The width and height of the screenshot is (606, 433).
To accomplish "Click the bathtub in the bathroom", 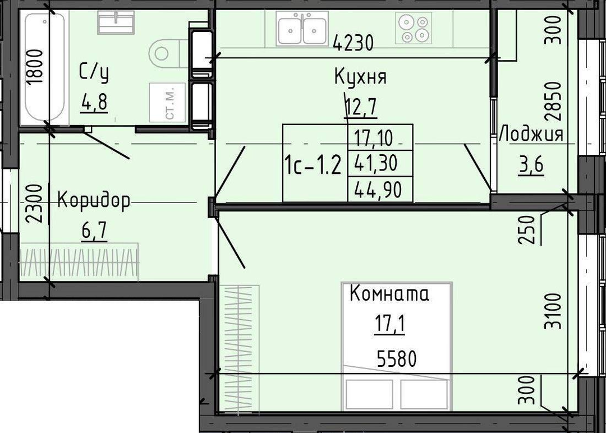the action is click(45, 67).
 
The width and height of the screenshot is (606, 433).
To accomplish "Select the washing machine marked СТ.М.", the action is click(167, 103).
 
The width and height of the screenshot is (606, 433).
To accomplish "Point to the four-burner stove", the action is click(414, 28).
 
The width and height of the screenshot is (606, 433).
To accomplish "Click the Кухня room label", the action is click(360, 76).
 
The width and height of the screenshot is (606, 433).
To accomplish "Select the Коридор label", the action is click(94, 201).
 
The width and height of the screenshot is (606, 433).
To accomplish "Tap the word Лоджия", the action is click(532, 135).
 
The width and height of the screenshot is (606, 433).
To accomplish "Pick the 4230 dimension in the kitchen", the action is click(353, 43).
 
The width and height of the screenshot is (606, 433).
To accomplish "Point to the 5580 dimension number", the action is click(397, 358).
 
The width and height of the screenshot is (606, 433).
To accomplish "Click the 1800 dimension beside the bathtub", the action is click(34, 67).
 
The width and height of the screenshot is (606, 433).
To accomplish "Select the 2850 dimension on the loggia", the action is click(552, 102).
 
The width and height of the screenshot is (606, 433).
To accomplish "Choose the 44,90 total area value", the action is click(378, 190).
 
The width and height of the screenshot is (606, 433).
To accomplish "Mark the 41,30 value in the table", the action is click(376, 163).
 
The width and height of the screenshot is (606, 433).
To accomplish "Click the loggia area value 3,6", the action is click(531, 164).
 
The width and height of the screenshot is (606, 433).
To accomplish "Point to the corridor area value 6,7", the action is click(94, 231).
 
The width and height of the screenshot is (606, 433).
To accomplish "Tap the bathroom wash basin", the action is click(116, 22).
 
